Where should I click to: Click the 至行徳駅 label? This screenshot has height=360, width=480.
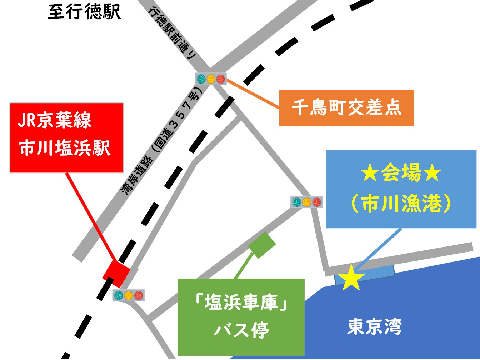tap(84, 12)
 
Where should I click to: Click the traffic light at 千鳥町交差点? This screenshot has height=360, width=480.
tap(211, 79)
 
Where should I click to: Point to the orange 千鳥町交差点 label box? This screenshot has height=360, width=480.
tap(346, 108)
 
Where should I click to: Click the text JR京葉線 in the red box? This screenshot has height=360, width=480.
tap(55, 120)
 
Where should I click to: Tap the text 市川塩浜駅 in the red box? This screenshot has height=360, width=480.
tap(65, 148)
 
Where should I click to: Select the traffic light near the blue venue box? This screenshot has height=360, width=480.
tap(306, 202)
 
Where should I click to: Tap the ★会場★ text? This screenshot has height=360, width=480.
tap(401, 174)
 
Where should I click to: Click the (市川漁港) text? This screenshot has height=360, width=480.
tap(401, 205)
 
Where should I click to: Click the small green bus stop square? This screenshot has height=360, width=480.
tap(262, 245)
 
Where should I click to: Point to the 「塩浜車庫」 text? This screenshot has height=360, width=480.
tap(241, 304)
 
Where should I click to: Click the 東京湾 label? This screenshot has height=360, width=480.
tap(375, 326)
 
